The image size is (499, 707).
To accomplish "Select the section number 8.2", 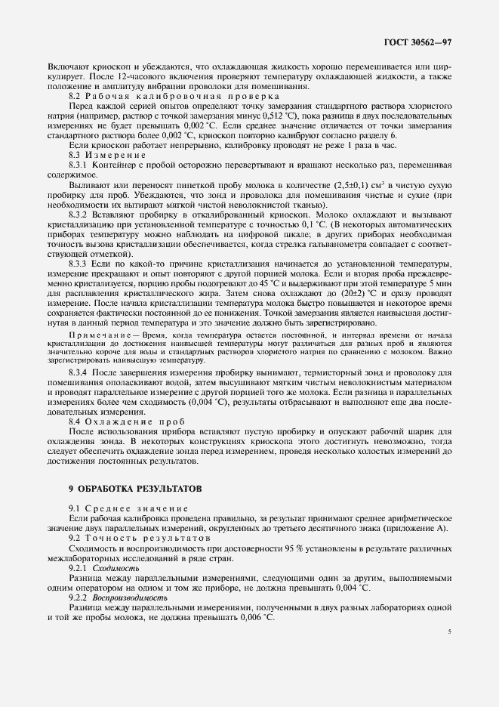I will click(75, 96).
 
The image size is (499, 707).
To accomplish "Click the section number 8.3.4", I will click(79, 372).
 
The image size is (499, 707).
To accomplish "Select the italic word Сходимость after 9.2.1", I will click(110, 566).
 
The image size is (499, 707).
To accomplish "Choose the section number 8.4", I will click(75, 420).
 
